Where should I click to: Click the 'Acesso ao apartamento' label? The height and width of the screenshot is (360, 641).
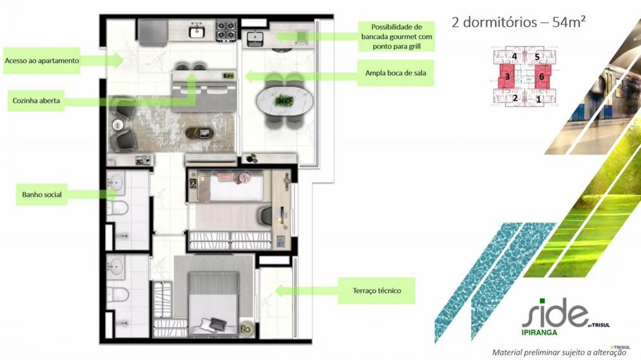[x=42, y=60]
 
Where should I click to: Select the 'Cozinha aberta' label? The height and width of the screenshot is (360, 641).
[x=36, y=101]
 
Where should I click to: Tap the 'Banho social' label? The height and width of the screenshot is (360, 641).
[x=42, y=195]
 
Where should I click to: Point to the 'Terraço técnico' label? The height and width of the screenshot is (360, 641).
[x=376, y=291]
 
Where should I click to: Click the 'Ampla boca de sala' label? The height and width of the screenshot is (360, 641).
[x=395, y=73]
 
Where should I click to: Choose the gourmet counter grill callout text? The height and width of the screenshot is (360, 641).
[x=396, y=37]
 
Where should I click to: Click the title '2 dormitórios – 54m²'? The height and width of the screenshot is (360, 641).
[x=519, y=22]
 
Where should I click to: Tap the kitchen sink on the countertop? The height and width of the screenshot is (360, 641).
[x=197, y=31]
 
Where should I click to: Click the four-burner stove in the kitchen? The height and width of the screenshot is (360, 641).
[x=226, y=30]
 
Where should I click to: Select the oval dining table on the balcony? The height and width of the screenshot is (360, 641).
[x=285, y=100]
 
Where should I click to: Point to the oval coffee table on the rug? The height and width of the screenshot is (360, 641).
[x=199, y=133]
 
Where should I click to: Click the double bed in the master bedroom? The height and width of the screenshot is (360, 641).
[x=213, y=303]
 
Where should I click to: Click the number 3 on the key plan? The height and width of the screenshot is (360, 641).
[x=507, y=76]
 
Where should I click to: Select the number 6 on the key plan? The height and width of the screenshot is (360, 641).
[x=542, y=76]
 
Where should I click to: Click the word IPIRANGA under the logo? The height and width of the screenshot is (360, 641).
[x=539, y=332]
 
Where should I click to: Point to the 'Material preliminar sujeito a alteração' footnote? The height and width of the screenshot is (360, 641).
[x=559, y=352]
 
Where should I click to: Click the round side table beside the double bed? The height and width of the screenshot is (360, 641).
[x=247, y=328]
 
